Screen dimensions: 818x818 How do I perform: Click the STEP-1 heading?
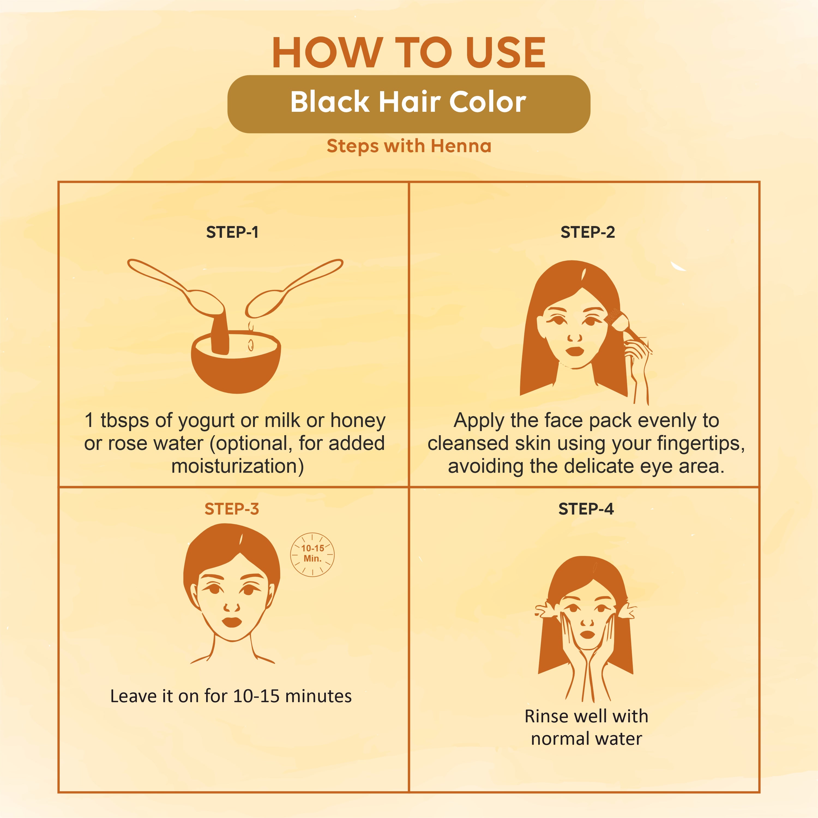[x=232, y=232]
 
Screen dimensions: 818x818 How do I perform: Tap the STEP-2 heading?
[x=587, y=232]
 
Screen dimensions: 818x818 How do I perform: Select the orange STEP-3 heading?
[x=231, y=509]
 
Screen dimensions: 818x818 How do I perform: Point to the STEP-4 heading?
[x=586, y=509]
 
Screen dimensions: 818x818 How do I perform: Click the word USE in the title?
[x=506, y=53]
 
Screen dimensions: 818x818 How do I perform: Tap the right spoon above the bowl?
[x=292, y=288]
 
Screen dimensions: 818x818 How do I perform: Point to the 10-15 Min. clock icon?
[x=312, y=554]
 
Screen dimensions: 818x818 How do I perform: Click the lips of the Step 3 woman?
[x=231, y=622]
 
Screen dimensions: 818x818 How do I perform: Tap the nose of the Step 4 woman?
[x=587, y=622]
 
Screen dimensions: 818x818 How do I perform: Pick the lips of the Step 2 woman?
[x=575, y=351]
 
